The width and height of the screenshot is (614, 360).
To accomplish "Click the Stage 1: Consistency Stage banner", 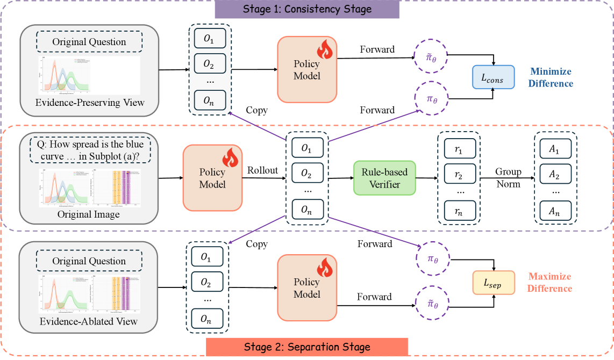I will pos(306,9).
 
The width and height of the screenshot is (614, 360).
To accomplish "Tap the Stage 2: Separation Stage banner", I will pos(307,347).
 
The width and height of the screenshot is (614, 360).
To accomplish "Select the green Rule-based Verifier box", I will pos(384,178).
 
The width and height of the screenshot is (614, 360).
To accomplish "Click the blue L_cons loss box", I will pos(493,78).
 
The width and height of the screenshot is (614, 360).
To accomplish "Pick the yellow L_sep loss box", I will pos(493,283).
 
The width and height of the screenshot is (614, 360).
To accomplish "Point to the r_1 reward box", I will pos(460,148).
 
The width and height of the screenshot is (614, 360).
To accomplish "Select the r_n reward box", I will pos(460,211).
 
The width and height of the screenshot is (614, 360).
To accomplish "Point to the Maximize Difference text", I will pos(549,283).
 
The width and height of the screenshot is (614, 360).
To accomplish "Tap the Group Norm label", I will pos(508,178).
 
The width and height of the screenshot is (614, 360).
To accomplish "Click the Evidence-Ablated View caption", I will pos(89,321).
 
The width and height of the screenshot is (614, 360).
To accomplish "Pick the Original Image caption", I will pos(89,214).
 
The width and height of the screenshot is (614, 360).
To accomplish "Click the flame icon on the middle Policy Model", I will pos(230,160).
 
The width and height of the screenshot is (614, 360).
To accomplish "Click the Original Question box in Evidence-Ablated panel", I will pos(89,261).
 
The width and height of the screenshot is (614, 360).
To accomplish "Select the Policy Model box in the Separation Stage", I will pos(306,287).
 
